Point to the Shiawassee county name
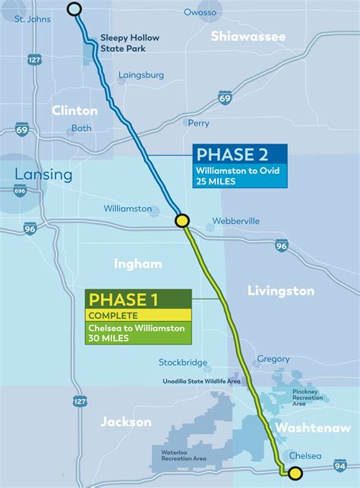(248, 36)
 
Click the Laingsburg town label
(141, 75)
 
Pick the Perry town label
(198, 122)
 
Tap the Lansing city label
(43, 175)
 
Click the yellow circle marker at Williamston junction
(182, 221)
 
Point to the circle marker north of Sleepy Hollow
(74, 9)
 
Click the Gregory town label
(273, 359)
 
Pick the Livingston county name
(280, 291)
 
